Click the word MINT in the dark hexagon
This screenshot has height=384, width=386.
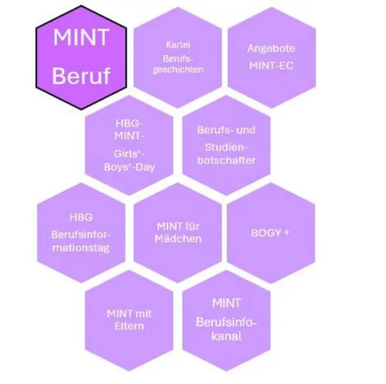pos(81,37)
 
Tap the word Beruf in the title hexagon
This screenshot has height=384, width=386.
pos(81,77)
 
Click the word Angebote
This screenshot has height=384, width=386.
pos(271,49)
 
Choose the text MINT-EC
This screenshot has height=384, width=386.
pos(271,65)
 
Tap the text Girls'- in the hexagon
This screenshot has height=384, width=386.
pos(129,154)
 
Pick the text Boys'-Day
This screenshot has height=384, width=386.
pos(129,167)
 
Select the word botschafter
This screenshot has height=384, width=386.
pos(226,160)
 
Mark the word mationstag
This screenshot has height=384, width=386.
pos(81,248)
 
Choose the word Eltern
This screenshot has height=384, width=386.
pos(129,327)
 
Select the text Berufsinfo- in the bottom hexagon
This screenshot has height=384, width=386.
pos(226,322)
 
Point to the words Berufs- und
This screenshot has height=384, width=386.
pos(226,130)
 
